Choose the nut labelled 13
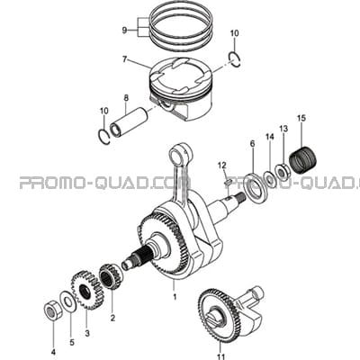coord(282,171)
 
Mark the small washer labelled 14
coord(270,179)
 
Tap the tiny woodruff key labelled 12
coord(227,182)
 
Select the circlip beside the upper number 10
coord(235,59)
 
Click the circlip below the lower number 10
coord(104,137)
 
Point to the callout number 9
coord(124,30)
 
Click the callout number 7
coord(125,59)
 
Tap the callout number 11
coord(221,356)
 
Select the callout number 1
coord(175,297)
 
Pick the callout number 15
coord(301,118)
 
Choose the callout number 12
coord(222,165)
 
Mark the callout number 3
coord(87,333)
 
